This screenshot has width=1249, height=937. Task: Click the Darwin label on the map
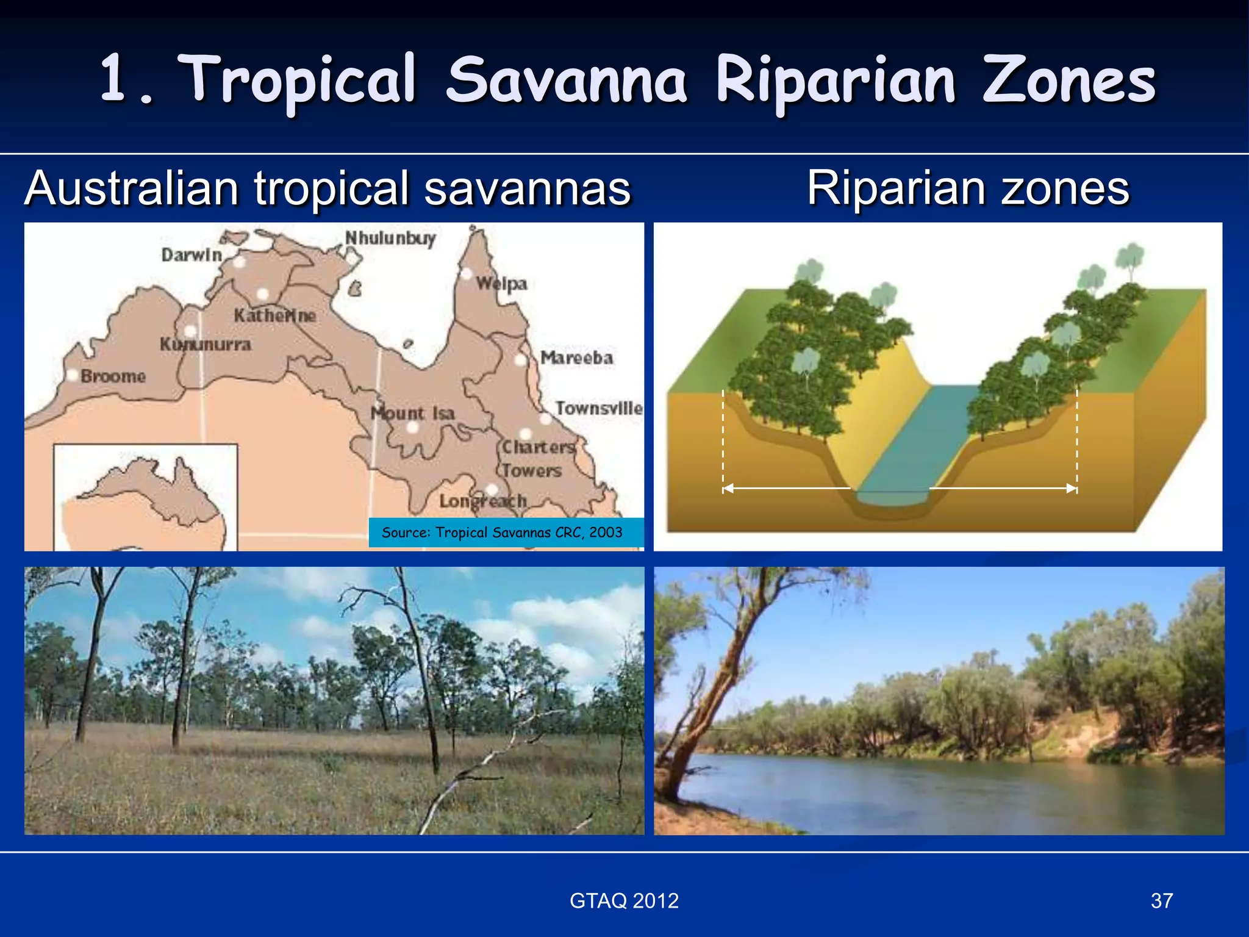tap(191, 255)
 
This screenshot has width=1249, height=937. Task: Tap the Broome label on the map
tap(113, 376)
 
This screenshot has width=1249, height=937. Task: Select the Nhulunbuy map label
tap(390, 238)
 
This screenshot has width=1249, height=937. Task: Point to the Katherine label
tap(275, 315)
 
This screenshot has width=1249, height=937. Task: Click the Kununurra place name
tap(205, 345)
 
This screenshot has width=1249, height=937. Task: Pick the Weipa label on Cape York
tap(501, 284)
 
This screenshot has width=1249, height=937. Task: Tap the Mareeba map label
tap(576, 357)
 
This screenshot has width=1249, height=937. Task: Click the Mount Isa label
tap(413, 414)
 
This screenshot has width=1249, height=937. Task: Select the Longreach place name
tap(482, 501)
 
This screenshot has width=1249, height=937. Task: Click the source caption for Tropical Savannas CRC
tap(502, 533)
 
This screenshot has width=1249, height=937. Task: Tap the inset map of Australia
tap(145, 497)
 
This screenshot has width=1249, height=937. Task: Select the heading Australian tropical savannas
tap(327, 188)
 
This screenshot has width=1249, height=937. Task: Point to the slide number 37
tap(1162, 901)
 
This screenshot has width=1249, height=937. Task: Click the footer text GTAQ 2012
tap(624, 901)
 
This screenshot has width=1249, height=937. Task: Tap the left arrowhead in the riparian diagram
tap(728, 489)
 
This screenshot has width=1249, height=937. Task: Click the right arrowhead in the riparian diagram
tap(1072, 489)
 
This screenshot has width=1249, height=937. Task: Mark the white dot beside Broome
tap(72, 375)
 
